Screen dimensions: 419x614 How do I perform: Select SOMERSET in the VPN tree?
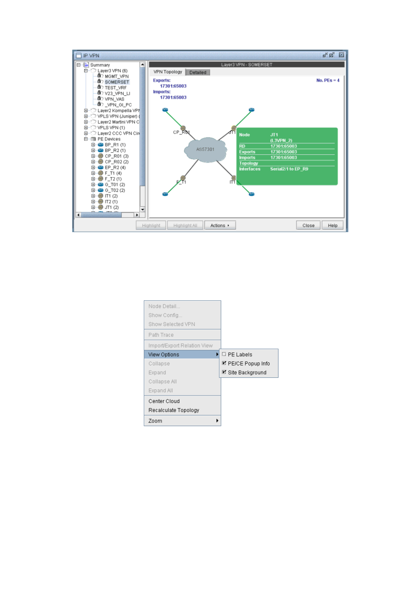point(116,82)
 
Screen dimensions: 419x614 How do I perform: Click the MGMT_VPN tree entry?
point(116,76)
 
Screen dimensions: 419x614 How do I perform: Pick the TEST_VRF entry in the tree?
point(115,88)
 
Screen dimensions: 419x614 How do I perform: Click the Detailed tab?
point(198,72)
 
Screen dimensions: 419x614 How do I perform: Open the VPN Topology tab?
point(167,72)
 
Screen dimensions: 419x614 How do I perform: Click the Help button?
point(332,225)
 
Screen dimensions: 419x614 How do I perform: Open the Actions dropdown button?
point(220,225)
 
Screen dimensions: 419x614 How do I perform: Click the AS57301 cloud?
point(205,149)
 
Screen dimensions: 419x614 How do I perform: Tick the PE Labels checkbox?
point(224,354)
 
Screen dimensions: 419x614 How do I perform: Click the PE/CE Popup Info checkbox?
point(224,363)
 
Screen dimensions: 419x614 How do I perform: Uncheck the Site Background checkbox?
point(224,372)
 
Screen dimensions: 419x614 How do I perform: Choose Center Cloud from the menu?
point(164,401)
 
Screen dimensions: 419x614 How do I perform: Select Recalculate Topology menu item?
point(174,410)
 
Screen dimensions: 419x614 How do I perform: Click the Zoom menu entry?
point(155,421)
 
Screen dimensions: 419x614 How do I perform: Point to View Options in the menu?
point(164,355)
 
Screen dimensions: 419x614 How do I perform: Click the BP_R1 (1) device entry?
point(115,145)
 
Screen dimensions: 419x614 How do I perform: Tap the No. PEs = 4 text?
point(327,80)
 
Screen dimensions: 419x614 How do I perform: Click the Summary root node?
point(100,65)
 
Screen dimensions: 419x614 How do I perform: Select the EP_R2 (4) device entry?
point(115,168)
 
